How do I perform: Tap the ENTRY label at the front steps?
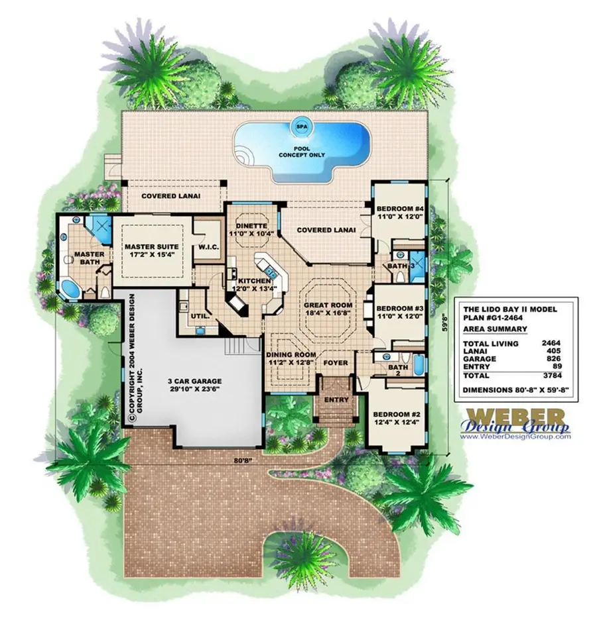336,399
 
